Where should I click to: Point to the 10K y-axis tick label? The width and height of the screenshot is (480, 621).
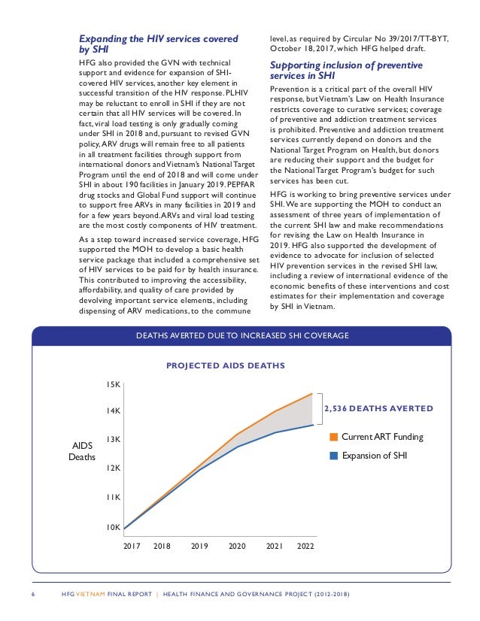[x=113, y=527]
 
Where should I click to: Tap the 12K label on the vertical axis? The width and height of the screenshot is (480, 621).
[x=113, y=468]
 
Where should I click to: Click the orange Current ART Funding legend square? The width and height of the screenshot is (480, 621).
[x=334, y=438]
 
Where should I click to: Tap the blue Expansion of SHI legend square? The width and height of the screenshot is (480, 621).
[x=334, y=455]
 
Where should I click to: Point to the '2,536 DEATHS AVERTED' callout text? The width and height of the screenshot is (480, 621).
[x=378, y=409]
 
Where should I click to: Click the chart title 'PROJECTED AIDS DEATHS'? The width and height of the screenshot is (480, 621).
[x=225, y=366]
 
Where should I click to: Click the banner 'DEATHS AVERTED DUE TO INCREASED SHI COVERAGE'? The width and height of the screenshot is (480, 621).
[x=242, y=335]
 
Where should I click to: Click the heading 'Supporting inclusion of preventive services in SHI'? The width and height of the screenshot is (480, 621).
[x=346, y=70]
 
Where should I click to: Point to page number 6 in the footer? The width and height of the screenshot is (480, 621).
[x=34, y=596]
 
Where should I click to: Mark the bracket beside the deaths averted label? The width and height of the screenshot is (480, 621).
[x=319, y=409]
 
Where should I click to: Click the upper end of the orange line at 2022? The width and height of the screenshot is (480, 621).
[x=312, y=393]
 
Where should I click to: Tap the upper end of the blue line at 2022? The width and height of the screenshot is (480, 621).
[x=312, y=425]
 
